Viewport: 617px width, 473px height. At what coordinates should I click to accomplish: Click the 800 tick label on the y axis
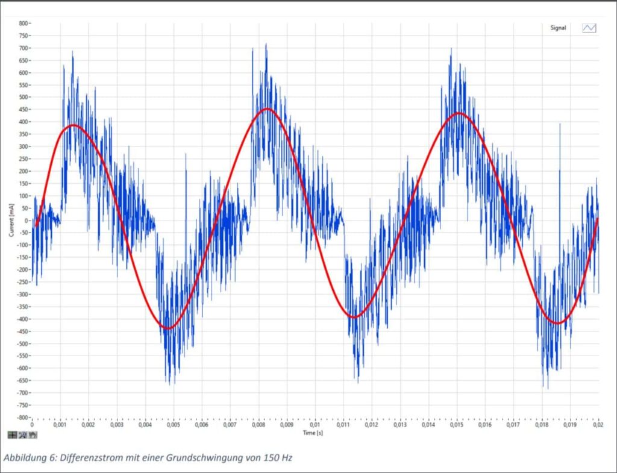point(23,23)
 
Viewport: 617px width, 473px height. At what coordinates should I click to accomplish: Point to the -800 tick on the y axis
point(22,418)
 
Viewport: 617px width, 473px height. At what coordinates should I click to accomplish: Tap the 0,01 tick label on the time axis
point(315,425)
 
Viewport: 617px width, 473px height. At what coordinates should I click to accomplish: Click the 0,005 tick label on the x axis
point(173,425)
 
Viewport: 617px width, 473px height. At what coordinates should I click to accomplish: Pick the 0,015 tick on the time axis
point(456,425)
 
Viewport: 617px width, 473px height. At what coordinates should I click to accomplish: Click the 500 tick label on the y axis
point(23,97)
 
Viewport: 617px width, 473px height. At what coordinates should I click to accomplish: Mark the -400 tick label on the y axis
point(22,319)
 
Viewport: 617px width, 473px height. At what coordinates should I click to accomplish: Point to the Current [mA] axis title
point(11,220)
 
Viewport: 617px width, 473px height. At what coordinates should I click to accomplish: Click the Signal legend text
point(558,28)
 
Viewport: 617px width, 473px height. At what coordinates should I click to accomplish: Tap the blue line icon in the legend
point(589,28)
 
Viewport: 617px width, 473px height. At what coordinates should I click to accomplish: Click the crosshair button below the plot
point(12,434)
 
